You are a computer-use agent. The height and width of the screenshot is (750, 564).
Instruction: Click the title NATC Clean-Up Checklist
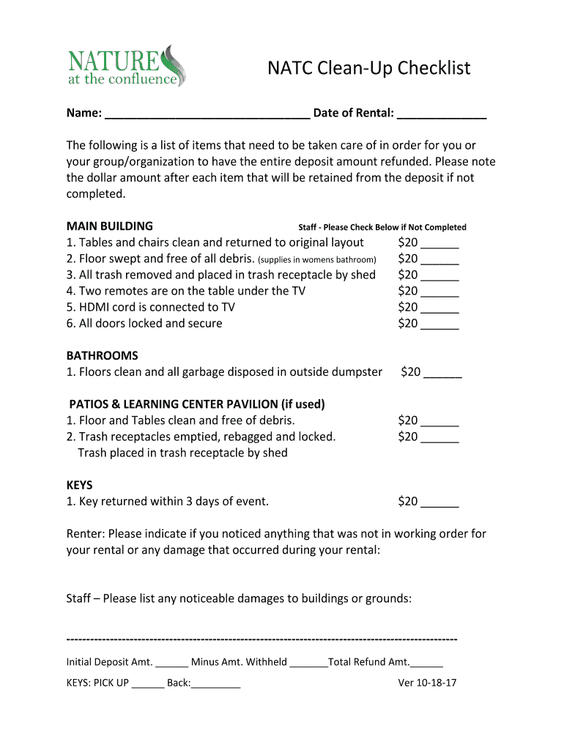[368, 68]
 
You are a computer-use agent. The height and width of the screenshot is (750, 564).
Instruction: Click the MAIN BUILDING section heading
[109, 226]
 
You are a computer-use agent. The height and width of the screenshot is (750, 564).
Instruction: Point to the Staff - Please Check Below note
[382, 227]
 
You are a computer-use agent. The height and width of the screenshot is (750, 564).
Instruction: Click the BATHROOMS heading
[102, 355]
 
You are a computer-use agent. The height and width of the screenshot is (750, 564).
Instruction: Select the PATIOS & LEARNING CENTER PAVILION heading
[197, 404]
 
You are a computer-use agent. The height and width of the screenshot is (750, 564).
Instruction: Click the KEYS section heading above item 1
[79, 485]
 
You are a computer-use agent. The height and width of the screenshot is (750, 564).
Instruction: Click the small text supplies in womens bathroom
[317, 259]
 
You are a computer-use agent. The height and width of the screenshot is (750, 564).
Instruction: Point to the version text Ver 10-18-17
[427, 683]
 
